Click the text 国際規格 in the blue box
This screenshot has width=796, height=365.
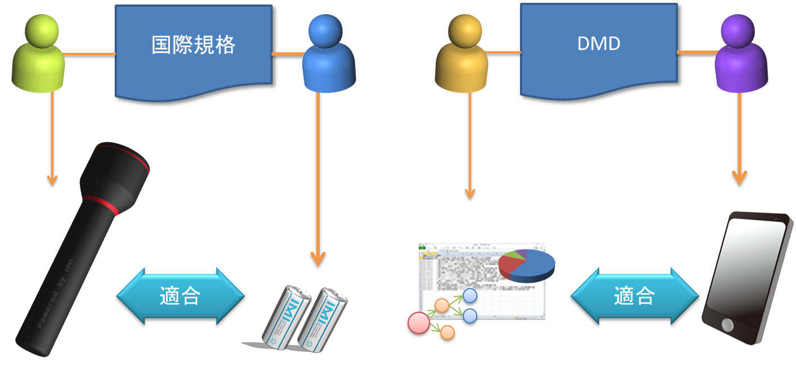tap(193, 46)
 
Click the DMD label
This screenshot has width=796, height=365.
tap(598, 44)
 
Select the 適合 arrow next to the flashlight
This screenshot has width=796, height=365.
tap(180, 296)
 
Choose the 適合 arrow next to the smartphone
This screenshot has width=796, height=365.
tap(634, 296)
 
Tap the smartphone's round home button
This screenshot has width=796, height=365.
tap(727, 325)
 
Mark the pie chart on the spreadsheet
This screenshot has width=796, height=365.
tap(526, 265)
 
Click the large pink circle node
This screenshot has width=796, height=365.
tap(418, 323)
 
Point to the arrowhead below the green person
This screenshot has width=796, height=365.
tap(52, 181)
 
